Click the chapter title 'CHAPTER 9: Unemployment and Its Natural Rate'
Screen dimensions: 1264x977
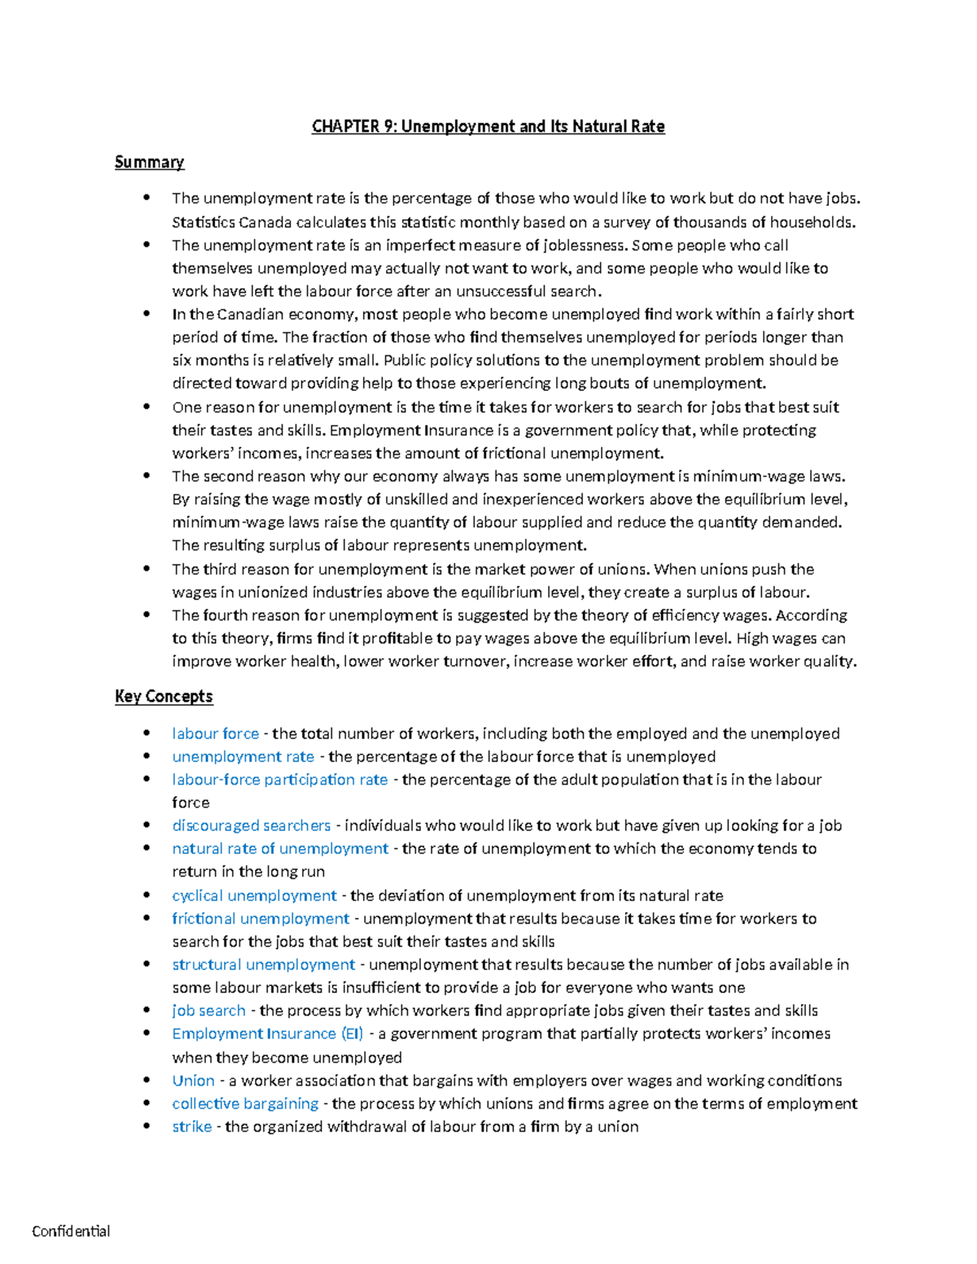[488, 126]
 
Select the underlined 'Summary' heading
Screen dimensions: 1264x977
[149, 162]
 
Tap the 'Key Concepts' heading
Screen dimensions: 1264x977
[164, 696]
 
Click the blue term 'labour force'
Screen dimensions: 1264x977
[215, 733]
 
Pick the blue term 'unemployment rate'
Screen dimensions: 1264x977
[243, 756]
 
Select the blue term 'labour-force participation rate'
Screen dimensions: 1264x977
[279, 780]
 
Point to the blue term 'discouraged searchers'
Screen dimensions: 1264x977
[251, 825]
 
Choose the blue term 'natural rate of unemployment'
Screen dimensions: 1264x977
[280, 848]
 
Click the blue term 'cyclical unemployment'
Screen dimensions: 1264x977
[254, 895]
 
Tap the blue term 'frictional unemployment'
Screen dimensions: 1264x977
[261, 918]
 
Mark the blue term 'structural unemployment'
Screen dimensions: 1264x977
[263, 964]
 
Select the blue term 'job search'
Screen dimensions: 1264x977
[208, 1010]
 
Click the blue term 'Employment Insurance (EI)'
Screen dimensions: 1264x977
[267, 1034]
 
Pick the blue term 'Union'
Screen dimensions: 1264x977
[193, 1081]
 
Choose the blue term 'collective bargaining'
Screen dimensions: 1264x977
[245, 1104]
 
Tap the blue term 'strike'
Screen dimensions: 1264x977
[191, 1126]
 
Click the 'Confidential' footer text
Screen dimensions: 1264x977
[71, 1231]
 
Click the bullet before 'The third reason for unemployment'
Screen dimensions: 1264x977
[147, 569]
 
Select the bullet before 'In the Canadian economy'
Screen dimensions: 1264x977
[147, 314]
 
